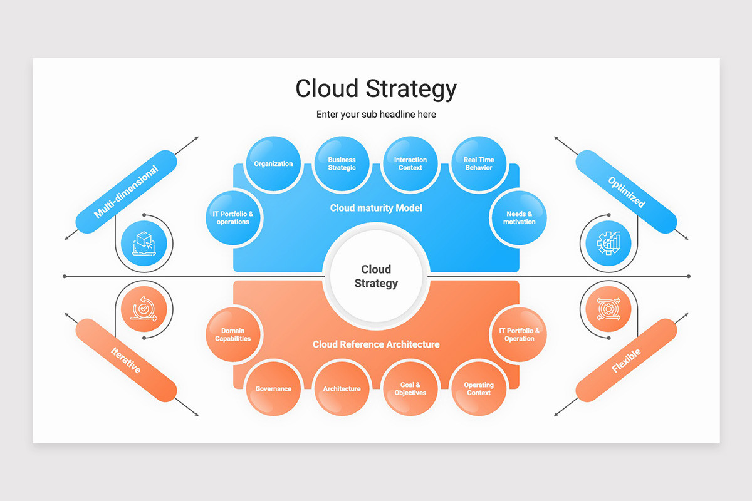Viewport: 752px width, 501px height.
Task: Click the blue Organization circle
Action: [x=273, y=164]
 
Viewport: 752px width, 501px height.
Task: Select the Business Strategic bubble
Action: [x=342, y=164]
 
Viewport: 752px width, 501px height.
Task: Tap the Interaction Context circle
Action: [x=410, y=164]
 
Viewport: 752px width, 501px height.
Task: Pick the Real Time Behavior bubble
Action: [x=479, y=164]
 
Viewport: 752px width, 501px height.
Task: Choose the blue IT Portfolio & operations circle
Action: [x=233, y=218]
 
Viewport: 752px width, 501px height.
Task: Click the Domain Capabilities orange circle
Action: [x=233, y=335]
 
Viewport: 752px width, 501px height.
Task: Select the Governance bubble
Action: [x=273, y=389]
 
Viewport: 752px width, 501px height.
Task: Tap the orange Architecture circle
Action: [x=342, y=389]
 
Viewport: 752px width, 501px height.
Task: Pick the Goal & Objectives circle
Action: [x=410, y=389]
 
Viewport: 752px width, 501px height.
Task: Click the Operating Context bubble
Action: [x=479, y=389]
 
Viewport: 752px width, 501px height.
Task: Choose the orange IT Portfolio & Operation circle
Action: [x=519, y=335]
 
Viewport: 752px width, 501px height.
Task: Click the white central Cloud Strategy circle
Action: [x=376, y=276]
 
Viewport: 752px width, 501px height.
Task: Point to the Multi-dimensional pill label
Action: [x=126, y=192]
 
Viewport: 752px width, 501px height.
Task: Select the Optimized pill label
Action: [x=626, y=192]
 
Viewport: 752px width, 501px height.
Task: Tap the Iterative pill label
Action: [x=126, y=360]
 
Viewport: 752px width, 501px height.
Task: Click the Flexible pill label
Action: [x=626, y=360]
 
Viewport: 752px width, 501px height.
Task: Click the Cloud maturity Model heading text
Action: [x=376, y=208]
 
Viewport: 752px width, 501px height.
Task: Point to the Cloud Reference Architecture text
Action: [x=376, y=344]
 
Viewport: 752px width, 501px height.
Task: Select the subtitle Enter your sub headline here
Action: [x=376, y=115]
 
